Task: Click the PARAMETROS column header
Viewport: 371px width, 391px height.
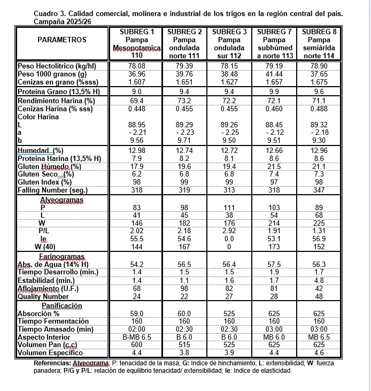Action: [x=62, y=40]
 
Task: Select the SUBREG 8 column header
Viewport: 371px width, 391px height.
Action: [x=319, y=44]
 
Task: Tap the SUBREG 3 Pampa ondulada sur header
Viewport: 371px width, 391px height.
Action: [x=229, y=44]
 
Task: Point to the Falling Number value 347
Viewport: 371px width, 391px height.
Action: [x=319, y=190]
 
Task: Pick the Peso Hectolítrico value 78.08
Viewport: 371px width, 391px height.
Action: [x=137, y=66]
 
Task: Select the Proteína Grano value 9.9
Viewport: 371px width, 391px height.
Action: [x=274, y=91]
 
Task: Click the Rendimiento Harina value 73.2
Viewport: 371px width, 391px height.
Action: [x=184, y=101]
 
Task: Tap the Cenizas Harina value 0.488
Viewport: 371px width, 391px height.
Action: [x=319, y=109]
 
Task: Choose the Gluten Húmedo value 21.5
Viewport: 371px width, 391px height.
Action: [x=274, y=166]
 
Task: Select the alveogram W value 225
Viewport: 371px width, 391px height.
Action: [x=319, y=223]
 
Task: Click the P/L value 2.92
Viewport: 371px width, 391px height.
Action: [x=229, y=231]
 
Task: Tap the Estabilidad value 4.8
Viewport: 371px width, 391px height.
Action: [x=319, y=280]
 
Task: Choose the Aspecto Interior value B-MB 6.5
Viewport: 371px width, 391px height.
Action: [x=137, y=337]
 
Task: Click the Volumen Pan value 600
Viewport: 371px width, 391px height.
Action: [x=137, y=345]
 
